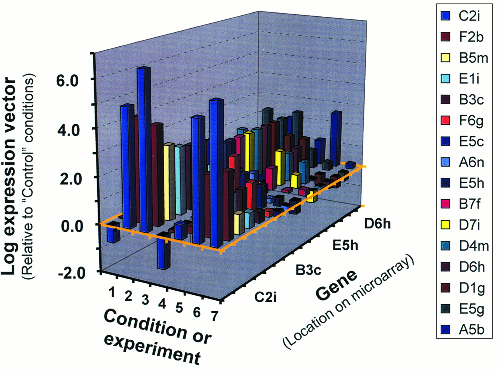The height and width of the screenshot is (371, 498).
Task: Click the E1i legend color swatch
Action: tap(445, 79)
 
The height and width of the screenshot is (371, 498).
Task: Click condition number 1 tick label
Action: tap(112, 292)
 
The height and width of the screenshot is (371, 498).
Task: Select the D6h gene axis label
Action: tap(377, 224)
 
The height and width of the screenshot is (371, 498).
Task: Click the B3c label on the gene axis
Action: tap(309, 269)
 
